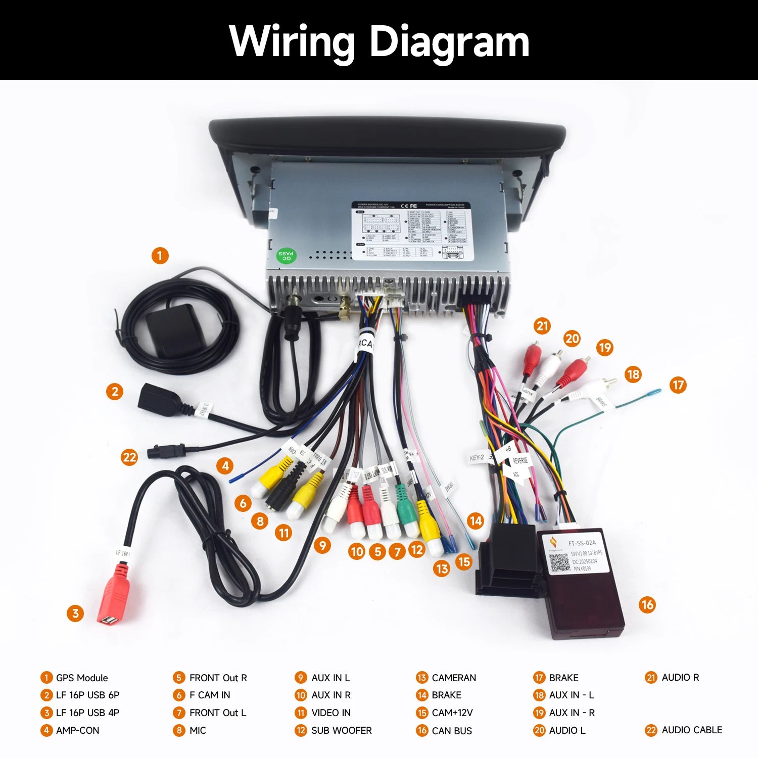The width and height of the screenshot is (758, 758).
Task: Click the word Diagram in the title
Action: pyautogui.click(x=449, y=41)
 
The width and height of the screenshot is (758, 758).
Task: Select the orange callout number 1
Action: pyautogui.click(x=160, y=255)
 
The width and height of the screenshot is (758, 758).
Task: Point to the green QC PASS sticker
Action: pyautogui.click(x=286, y=255)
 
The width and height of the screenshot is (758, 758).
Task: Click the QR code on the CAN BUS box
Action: pyautogui.click(x=559, y=562)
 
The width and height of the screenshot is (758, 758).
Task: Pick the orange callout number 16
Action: pyautogui.click(x=647, y=604)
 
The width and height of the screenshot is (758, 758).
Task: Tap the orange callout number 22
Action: pyautogui.click(x=129, y=457)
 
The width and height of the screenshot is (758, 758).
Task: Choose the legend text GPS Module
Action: pyautogui.click(x=82, y=678)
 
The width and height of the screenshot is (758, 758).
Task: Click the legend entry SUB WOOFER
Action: pyautogui.click(x=341, y=730)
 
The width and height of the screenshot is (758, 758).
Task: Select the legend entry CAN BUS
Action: pyautogui.click(x=452, y=731)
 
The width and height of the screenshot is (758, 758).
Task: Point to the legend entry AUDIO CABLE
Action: pyautogui.click(x=692, y=730)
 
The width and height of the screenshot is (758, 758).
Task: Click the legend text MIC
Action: pyautogui.click(x=198, y=730)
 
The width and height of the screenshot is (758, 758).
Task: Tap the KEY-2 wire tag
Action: pyautogui.click(x=477, y=458)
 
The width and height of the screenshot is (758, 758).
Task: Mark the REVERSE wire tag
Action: pyautogui.click(x=520, y=460)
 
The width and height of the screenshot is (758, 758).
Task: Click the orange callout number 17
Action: pyautogui.click(x=678, y=385)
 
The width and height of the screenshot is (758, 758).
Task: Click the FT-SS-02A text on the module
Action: pyautogui.click(x=582, y=543)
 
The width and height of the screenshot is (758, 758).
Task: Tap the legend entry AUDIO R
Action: pyautogui.click(x=680, y=677)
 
